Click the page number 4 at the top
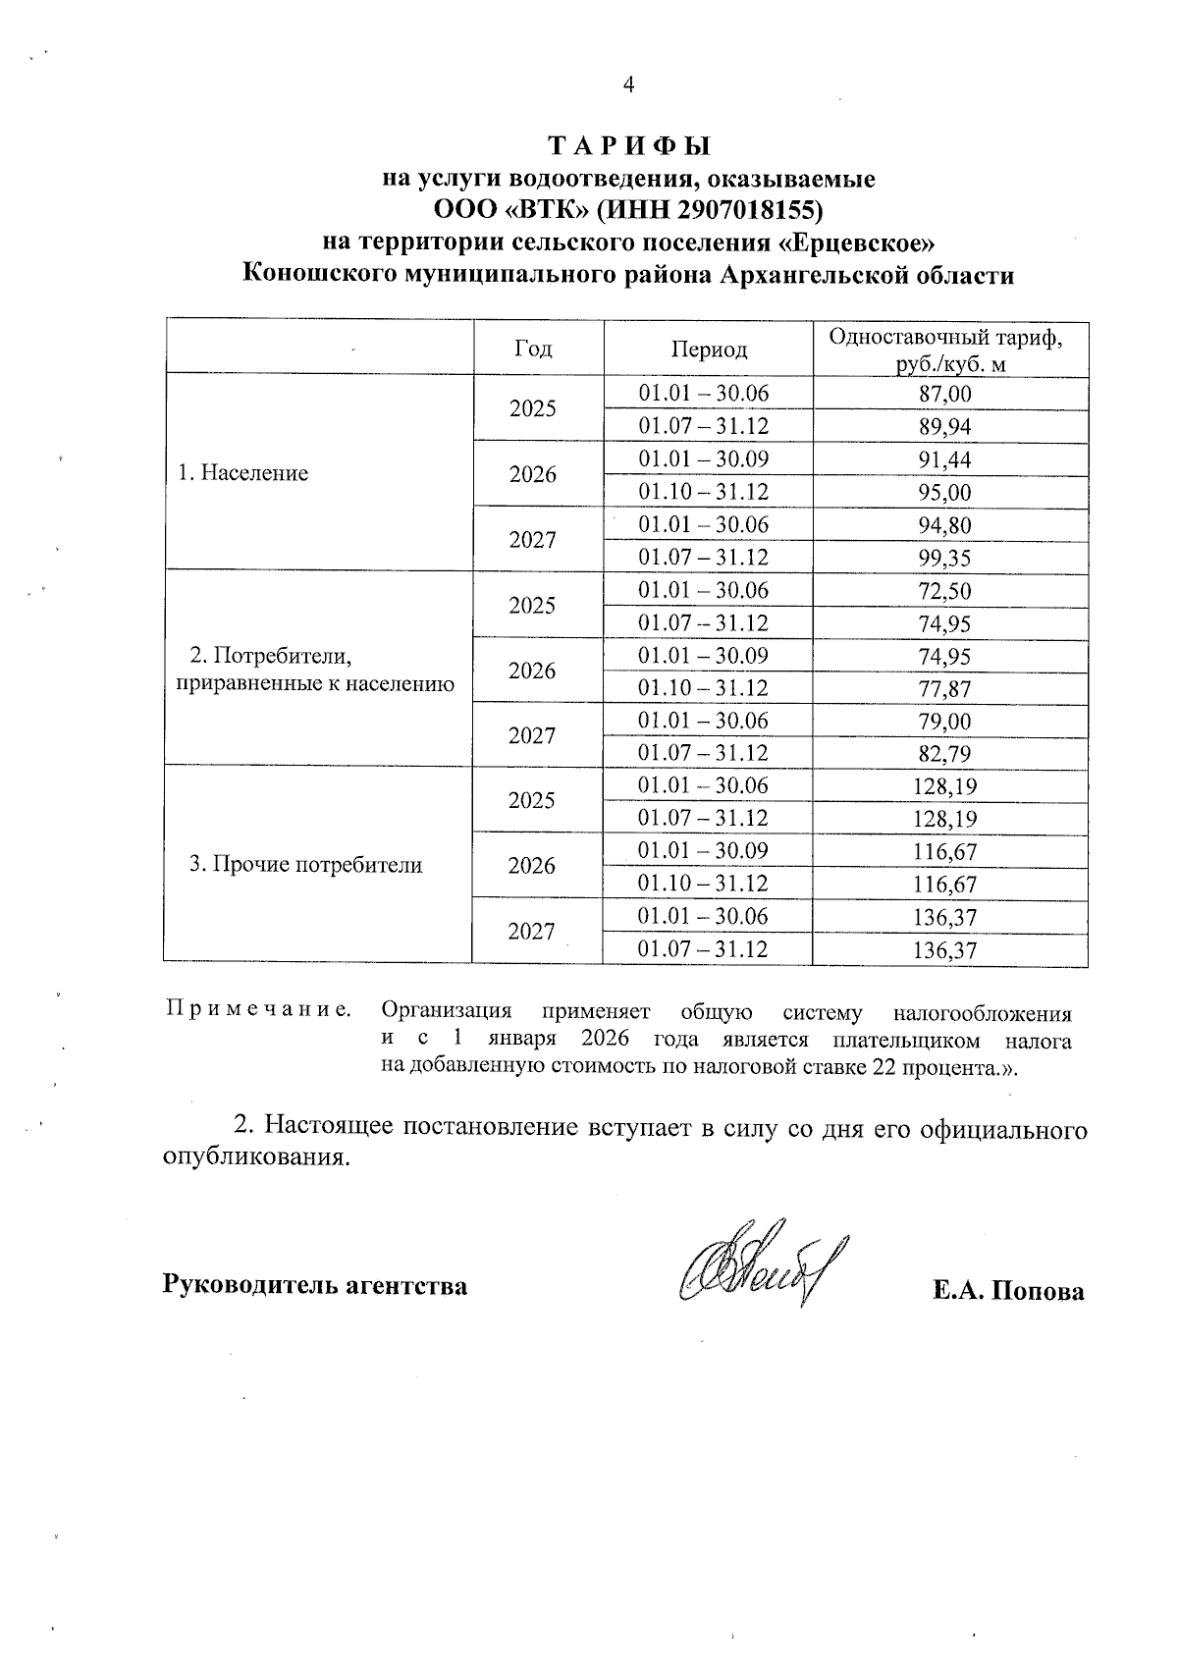point(629,84)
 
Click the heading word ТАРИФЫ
point(628,146)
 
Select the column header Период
point(709,349)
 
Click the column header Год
point(533,349)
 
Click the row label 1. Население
point(242,473)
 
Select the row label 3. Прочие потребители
point(305,865)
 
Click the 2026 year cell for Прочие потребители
point(532,866)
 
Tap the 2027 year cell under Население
point(533,539)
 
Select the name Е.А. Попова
point(1008,1290)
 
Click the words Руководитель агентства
point(315,1284)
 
